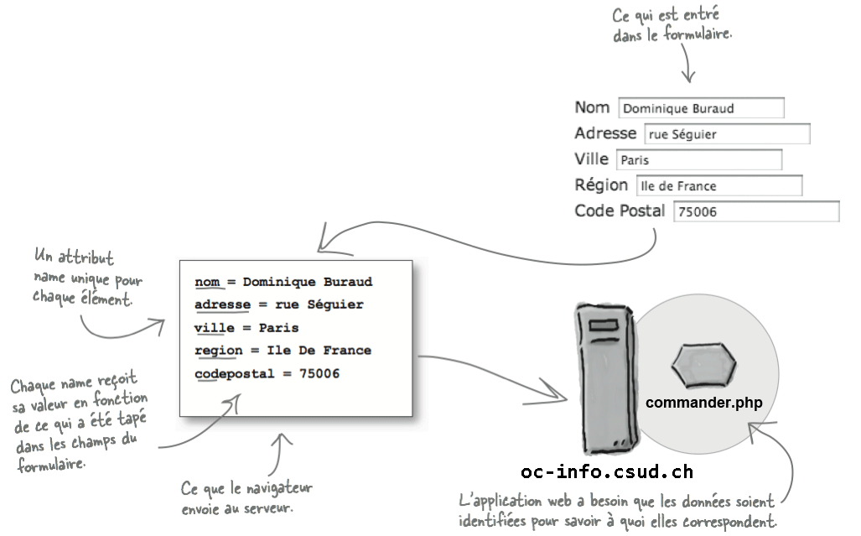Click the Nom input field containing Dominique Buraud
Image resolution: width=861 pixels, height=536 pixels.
(701, 108)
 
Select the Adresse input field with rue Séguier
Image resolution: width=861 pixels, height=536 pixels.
(727, 134)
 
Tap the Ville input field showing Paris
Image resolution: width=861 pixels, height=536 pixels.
(698, 160)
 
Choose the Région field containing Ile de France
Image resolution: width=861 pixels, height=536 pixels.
(718, 186)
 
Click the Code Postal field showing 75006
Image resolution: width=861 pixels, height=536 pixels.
(755, 212)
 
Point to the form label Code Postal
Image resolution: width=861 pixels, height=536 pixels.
(620, 211)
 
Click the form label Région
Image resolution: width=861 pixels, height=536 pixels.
(601, 185)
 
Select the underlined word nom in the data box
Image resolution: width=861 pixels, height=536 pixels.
(207, 282)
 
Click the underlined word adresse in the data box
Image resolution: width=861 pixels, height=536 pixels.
(222, 304)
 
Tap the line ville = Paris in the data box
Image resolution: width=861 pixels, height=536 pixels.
(246, 328)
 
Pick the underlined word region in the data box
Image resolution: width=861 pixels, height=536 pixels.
(217, 351)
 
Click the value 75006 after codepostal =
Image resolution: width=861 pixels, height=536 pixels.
(319, 373)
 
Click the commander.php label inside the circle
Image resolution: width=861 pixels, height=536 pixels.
(703, 403)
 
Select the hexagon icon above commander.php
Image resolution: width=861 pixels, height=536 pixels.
(704, 363)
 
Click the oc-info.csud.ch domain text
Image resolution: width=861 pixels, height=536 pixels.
(606, 471)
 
